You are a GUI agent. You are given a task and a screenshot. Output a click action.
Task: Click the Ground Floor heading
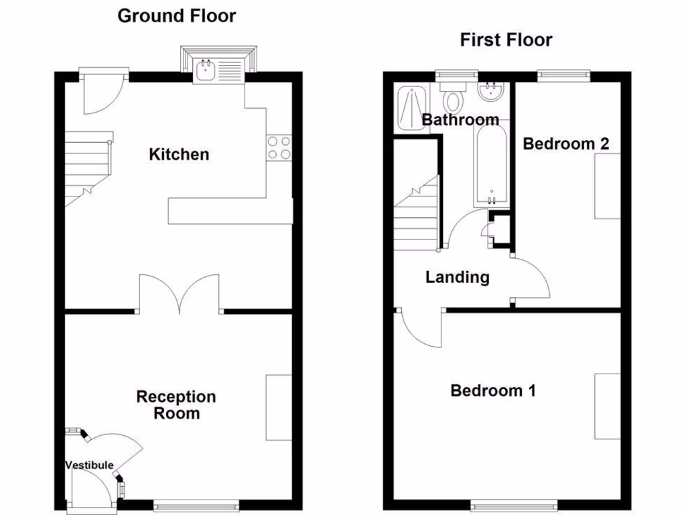(x=177, y=16)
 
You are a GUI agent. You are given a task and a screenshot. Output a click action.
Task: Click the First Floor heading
(x=506, y=40)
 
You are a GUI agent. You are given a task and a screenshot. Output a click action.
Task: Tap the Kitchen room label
(x=179, y=155)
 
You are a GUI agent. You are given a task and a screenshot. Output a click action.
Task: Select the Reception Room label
(x=176, y=405)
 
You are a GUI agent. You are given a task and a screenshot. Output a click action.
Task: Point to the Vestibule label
(x=89, y=465)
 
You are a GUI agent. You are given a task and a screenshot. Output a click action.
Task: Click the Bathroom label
(x=460, y=120)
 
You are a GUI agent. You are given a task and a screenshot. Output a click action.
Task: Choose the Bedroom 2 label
(x=566, y=144)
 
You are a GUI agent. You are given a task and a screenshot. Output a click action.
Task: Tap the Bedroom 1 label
(x=493, y=390)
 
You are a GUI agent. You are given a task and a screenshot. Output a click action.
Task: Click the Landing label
(x=458, y=277)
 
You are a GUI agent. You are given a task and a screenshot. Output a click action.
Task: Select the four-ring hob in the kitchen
(x=279, y=148)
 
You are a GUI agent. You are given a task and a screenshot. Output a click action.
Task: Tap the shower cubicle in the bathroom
(x=411, y=108)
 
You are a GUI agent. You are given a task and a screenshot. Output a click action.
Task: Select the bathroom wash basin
(x=492, y=93)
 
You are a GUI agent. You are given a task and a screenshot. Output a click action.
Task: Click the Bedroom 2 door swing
(x=531, y=278)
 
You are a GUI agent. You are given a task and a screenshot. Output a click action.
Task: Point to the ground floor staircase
(x=88, y=168)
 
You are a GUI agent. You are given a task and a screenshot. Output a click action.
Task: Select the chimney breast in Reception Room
(x=279, y=408)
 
